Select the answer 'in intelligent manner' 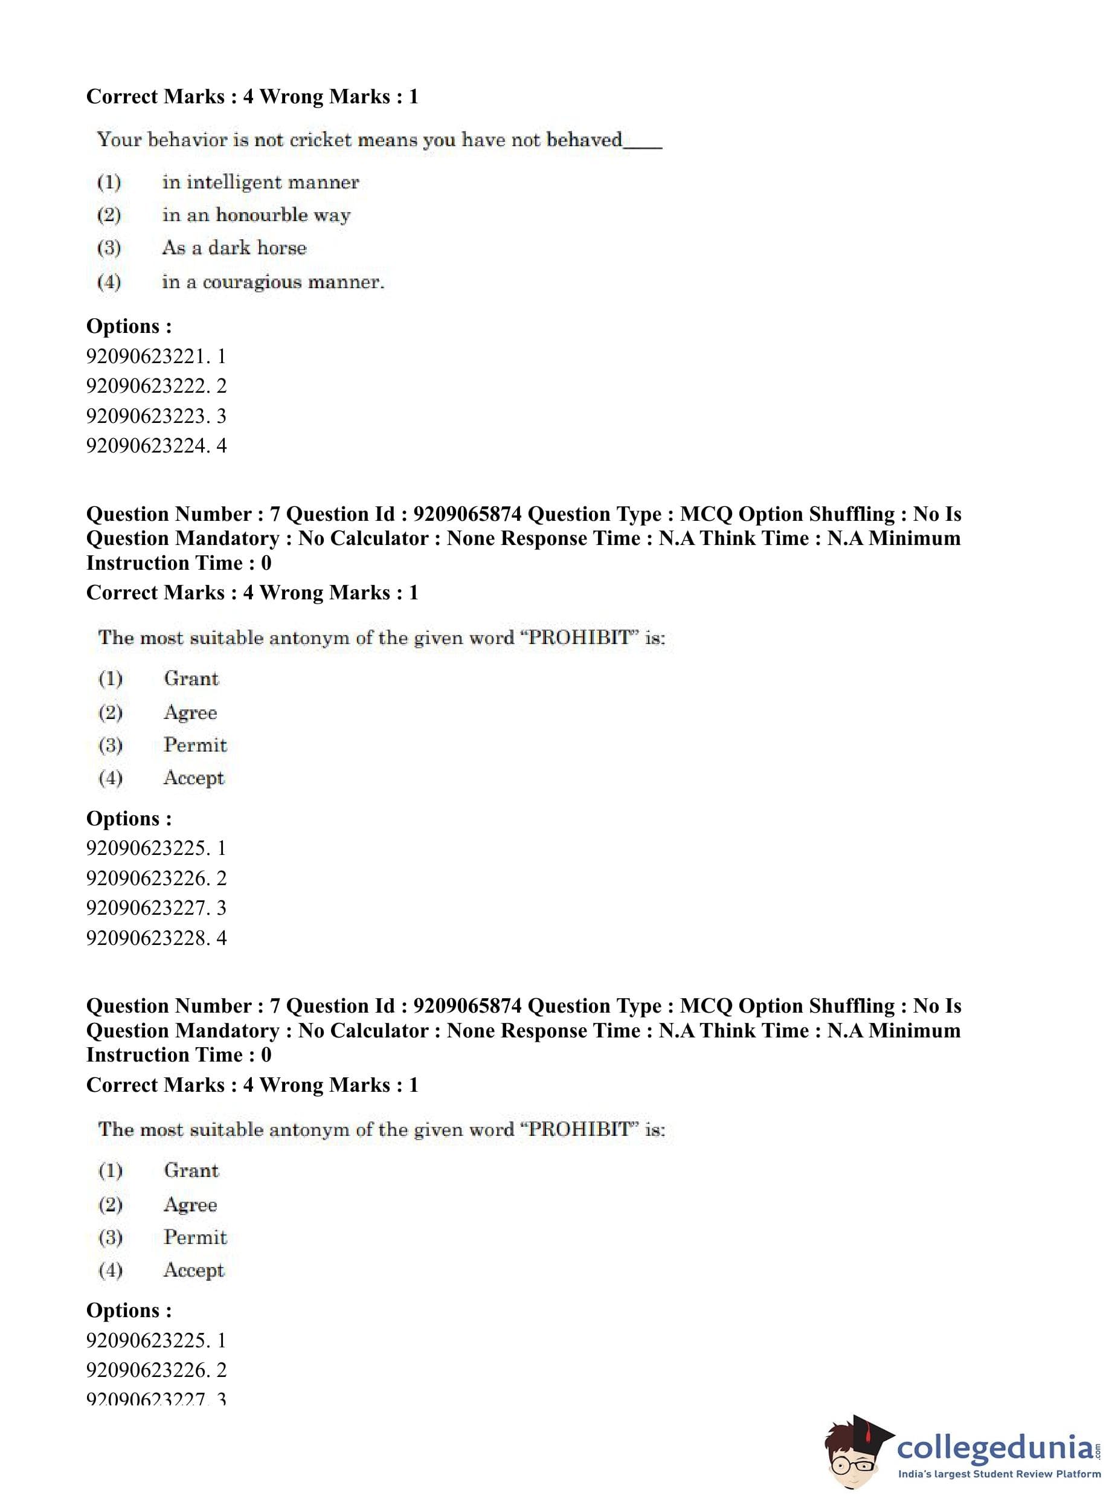260,182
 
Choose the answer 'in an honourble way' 256,215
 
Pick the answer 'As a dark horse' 234,248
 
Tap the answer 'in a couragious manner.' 272,282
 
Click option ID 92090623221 156,356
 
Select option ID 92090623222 156,386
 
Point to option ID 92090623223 156,416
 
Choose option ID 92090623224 156,445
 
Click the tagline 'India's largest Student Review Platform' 998,1474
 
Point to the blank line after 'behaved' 643,146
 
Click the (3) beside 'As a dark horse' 109,248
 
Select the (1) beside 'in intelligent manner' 109,182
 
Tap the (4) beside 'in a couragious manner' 109,282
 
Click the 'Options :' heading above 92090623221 129,326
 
